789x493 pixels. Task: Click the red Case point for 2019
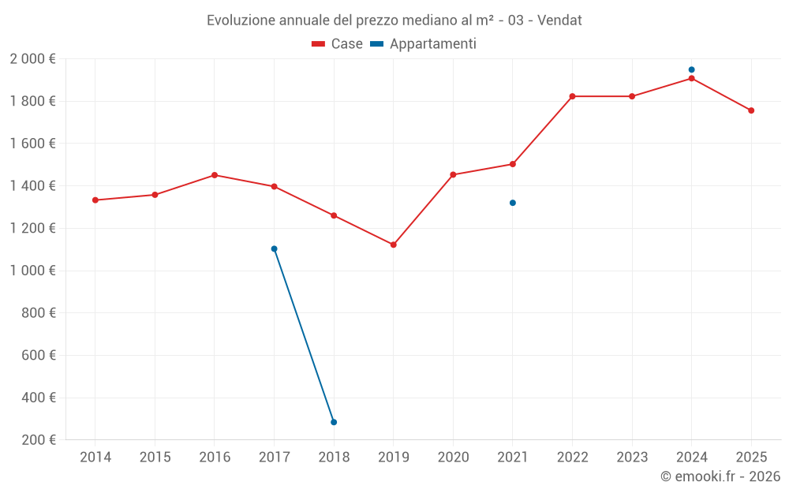pyautogui.click(x=394, y=245)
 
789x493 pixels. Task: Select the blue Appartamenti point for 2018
pyautogui.click(x=334, y=422)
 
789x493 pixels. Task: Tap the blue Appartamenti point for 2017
pyautogui.click(x=274, y=248)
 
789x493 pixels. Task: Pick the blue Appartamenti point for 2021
pyautogui.click(x=513, y=203)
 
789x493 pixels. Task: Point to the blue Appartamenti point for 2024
pyautogui.click(x=692, y=69)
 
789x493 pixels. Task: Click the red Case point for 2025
pyautogui.click(x=751, y=110)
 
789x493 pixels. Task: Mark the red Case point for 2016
pyautogui.click(x=215, y=175)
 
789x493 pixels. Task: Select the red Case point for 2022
pyautogui.click(x=573, y=96)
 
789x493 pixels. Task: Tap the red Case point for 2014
pyautogui.click(x=95, y=200)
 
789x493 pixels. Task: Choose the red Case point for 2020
pyautogui.click(x=453, y=174)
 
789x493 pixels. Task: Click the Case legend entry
pyautogui.click(x=338, y=44)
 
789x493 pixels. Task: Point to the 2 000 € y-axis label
pyautogui.click(x=33, y=58)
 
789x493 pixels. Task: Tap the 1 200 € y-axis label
pyautogui.click(x=33, y=228)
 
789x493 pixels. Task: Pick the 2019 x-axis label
pyautogui.click(x=394, y=458)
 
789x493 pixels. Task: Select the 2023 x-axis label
pyautogui.click(x=632, y=458)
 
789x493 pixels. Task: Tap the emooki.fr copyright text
pyautogui.click(x=720, y=476)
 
